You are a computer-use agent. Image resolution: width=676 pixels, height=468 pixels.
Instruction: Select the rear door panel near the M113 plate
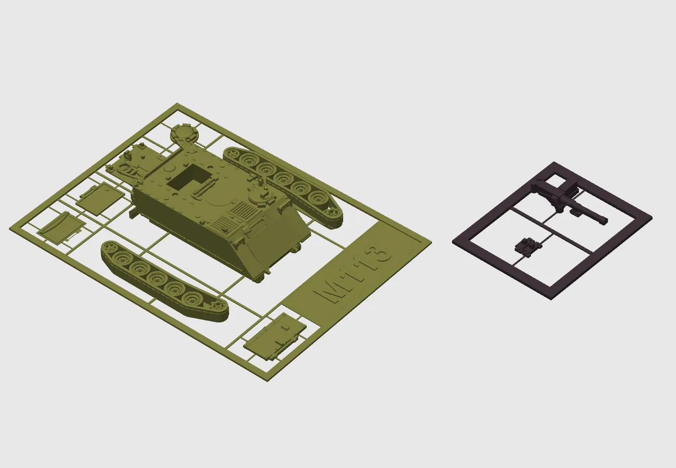(274, 337)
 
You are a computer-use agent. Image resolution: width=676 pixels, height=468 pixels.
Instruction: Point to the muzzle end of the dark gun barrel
(603, 221)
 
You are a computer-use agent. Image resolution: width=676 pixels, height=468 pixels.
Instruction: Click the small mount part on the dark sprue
(527, 246)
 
